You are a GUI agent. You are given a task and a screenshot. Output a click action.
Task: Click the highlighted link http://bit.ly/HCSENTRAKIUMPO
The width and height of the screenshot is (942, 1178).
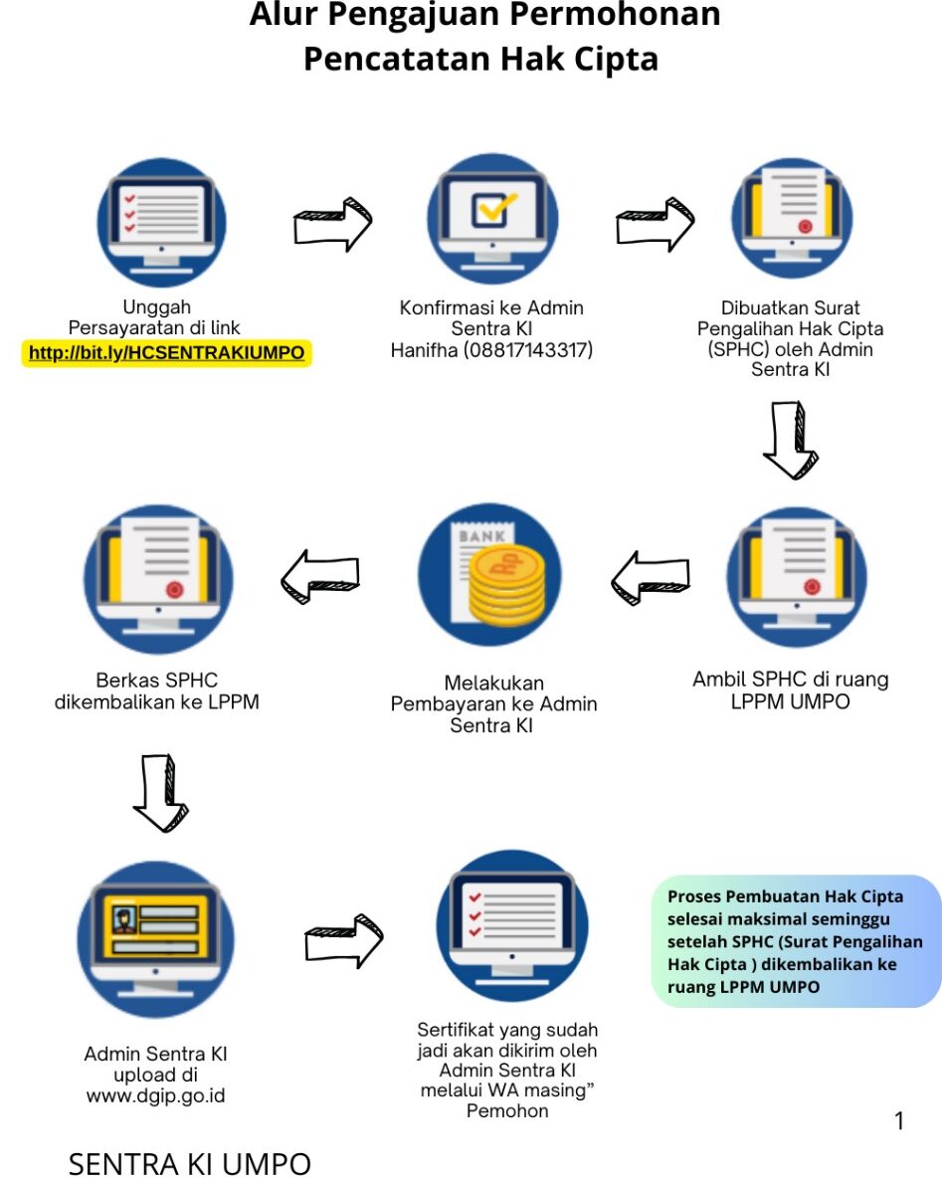167,353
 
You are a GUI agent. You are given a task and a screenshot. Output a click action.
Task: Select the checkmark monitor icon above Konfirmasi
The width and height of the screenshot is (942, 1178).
491,218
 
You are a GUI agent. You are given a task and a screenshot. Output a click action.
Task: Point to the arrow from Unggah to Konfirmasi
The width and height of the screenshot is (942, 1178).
332,225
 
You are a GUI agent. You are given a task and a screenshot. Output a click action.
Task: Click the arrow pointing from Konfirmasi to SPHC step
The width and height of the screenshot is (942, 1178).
655,225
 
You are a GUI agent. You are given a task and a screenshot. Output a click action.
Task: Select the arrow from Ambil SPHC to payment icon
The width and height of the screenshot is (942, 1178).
650,578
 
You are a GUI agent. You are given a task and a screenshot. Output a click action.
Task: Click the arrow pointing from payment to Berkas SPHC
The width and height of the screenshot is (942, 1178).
319,576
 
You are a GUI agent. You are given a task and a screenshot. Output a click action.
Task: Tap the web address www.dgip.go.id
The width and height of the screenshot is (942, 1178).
156,1096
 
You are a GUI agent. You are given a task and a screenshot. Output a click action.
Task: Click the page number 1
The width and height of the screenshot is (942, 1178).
899,1121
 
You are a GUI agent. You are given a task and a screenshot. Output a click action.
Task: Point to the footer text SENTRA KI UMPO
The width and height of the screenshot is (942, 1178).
189,1163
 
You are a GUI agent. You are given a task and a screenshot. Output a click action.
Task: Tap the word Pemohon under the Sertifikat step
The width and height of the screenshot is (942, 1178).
507,1111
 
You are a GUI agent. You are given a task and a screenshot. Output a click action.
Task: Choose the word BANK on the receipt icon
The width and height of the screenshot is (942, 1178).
480,536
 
